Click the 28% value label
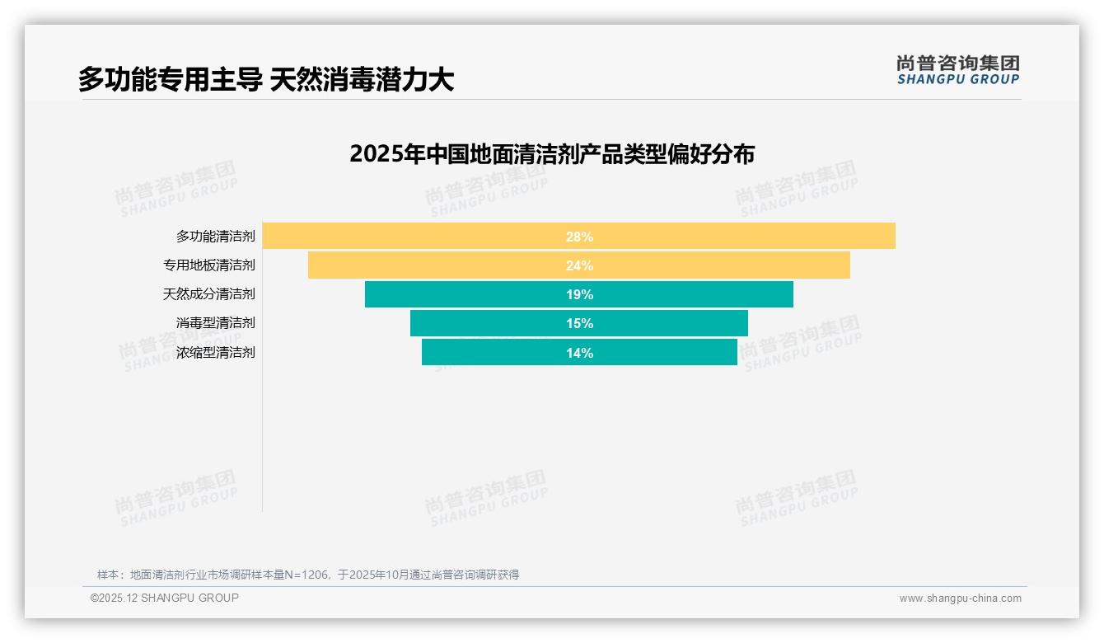pos(579,237)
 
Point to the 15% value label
pos(579,323)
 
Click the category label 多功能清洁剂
pos(215,237)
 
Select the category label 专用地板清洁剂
pos(208,265)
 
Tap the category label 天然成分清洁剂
pos(208,294)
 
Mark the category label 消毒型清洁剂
pos(215,323)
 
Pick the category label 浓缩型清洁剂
pos(215,353)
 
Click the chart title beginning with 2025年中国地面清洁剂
pos(551,154)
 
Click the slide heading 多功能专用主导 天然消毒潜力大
pos(266,80)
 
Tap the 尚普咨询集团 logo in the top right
pos(957,63)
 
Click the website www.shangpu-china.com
pos(960,598)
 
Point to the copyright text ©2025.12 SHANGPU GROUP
pos(165,598)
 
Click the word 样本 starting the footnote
pos(108,575)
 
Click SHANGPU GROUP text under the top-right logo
pos(957,79)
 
